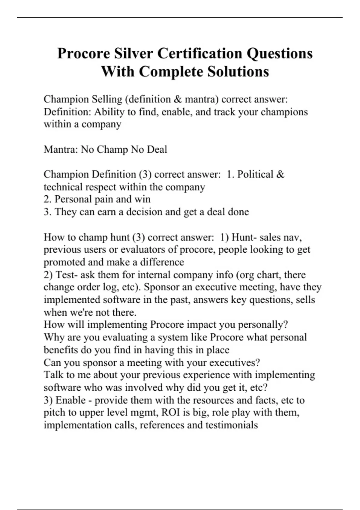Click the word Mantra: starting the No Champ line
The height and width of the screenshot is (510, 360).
coord(61,149)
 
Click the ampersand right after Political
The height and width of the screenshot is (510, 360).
coord(280,174)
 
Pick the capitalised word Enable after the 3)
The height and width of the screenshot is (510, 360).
coord(70,400)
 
